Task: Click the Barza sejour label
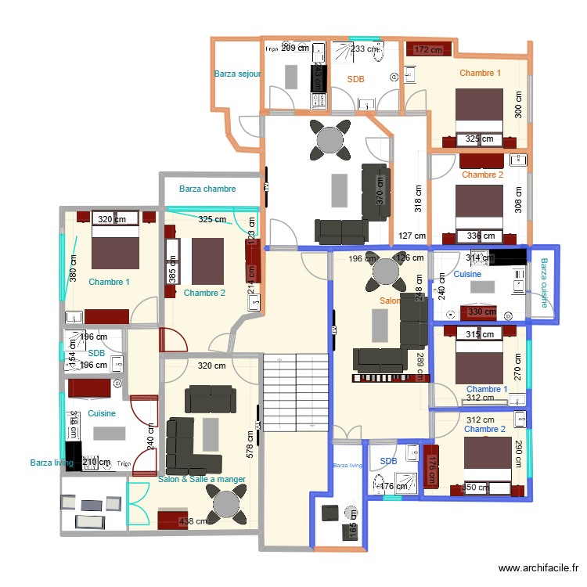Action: click(x=237, y=74)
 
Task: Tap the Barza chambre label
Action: click(x=207, y=189)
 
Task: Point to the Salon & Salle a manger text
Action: click(x=202, y=479)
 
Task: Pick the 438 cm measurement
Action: click(x=193, y=521)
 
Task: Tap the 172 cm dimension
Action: click(x=428, y=50)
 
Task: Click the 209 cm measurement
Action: click(x=294, y=49)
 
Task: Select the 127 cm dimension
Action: click(x=412, y=236)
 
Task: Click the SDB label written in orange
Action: click(x=356, y=79)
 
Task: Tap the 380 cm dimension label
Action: click(x=73, y=270)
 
